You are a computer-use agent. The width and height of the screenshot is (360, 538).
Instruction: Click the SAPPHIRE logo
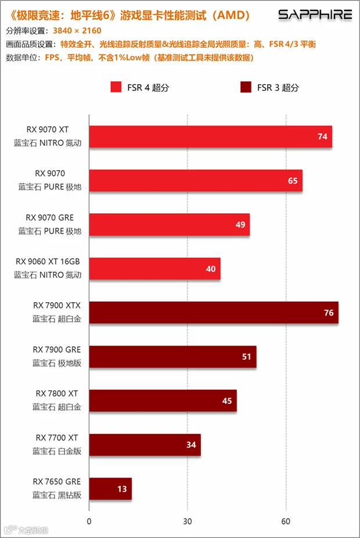click(x=315, y=15)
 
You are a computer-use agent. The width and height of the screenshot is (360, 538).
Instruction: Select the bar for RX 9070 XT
click(x=211, y=137)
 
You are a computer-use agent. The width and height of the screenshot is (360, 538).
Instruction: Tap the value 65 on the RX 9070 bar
click(x=293, y=181)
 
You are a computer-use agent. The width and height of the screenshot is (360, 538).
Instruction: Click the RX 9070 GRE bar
click(x=170, y=225)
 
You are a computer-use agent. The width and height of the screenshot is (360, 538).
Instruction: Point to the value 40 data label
click(x=211, y=269)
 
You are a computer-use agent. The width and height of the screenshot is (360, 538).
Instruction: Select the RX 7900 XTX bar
click(x=214, y=313)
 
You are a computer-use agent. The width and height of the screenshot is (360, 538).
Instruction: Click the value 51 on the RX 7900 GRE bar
click(x=247, y=357)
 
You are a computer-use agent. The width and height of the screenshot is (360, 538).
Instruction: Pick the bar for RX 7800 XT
click(x=163, y=401)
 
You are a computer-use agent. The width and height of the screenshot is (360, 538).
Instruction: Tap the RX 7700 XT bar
click(x=145, y=444)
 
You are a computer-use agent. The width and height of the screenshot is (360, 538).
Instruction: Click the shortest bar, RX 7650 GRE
click(x=110, y=489)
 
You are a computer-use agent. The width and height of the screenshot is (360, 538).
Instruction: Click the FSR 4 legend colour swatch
click(x=116, y=87)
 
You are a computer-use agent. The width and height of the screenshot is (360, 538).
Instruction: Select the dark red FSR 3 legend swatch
click(x=246, y=87)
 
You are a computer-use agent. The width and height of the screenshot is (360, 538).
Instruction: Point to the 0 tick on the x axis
click(x=89, y=522)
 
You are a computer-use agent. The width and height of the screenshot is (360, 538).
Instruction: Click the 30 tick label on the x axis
click(x=187, y=522)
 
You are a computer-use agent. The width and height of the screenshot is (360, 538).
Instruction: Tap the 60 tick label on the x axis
click(x=286, y=522)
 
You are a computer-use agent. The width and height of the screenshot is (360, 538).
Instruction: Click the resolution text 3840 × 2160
click(x=77, y=31)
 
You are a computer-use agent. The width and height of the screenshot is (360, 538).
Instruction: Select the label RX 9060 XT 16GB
click(x=48, y=261)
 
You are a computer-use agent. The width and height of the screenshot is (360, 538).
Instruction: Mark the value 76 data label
click(x=329, y=313)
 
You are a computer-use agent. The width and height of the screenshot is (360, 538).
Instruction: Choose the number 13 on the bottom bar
click(x=122, y=489)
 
